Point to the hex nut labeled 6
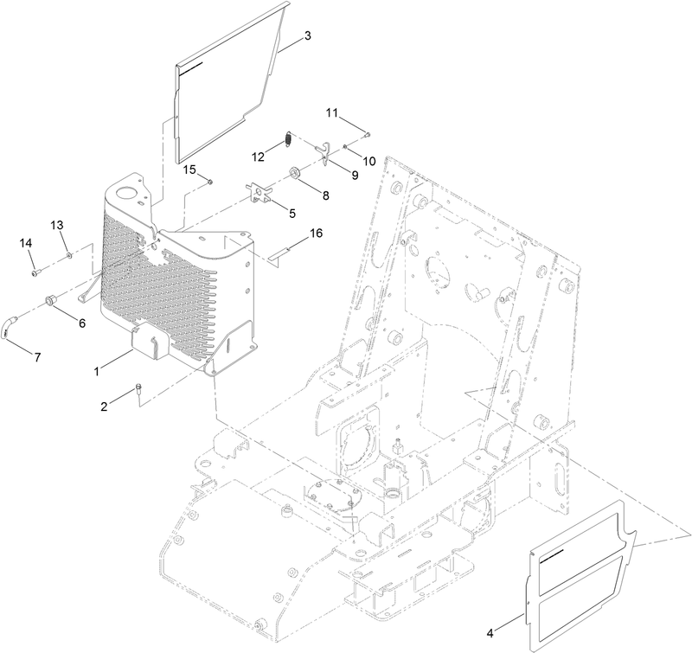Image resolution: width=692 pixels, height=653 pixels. (51, 300)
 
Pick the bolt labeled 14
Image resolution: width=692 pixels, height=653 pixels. (35, 272)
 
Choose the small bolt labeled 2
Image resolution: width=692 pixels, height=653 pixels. (138, 391)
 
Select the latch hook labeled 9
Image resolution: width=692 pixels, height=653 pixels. (324, 151)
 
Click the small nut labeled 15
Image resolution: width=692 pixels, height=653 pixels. (210, 181)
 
